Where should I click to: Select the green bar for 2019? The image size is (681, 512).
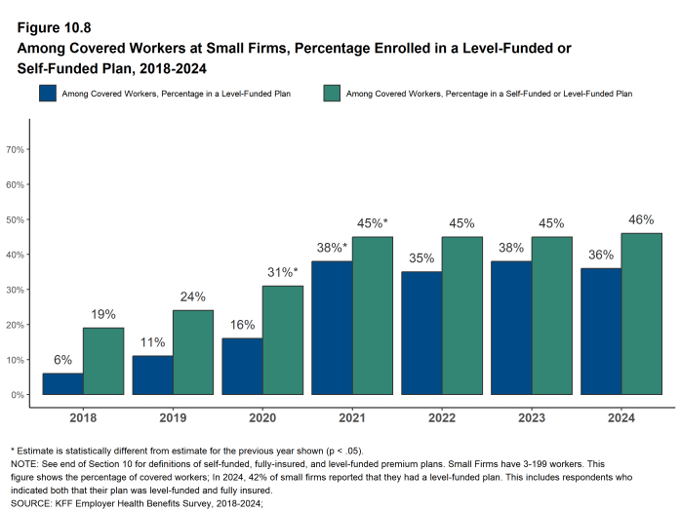click(x=193, y=352)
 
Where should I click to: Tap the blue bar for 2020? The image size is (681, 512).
click(x=242, y=366)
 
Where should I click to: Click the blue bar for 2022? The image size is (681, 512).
click(x=421, y=333)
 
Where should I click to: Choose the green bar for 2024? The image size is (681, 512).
click(x=641, y=313)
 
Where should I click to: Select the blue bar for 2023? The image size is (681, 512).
click(x=511, y=328)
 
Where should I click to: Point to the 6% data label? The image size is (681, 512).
click(x=62, y=360)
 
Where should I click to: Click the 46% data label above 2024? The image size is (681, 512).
click(x=641, y=219)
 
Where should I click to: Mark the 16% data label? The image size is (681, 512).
click(x=242, y=325)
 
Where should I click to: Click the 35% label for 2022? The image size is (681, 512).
click(x=421, y=258)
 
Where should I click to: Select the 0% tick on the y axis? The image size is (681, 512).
click(x=18, y=395)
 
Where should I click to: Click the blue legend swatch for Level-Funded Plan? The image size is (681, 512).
click(x=47, y=94)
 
